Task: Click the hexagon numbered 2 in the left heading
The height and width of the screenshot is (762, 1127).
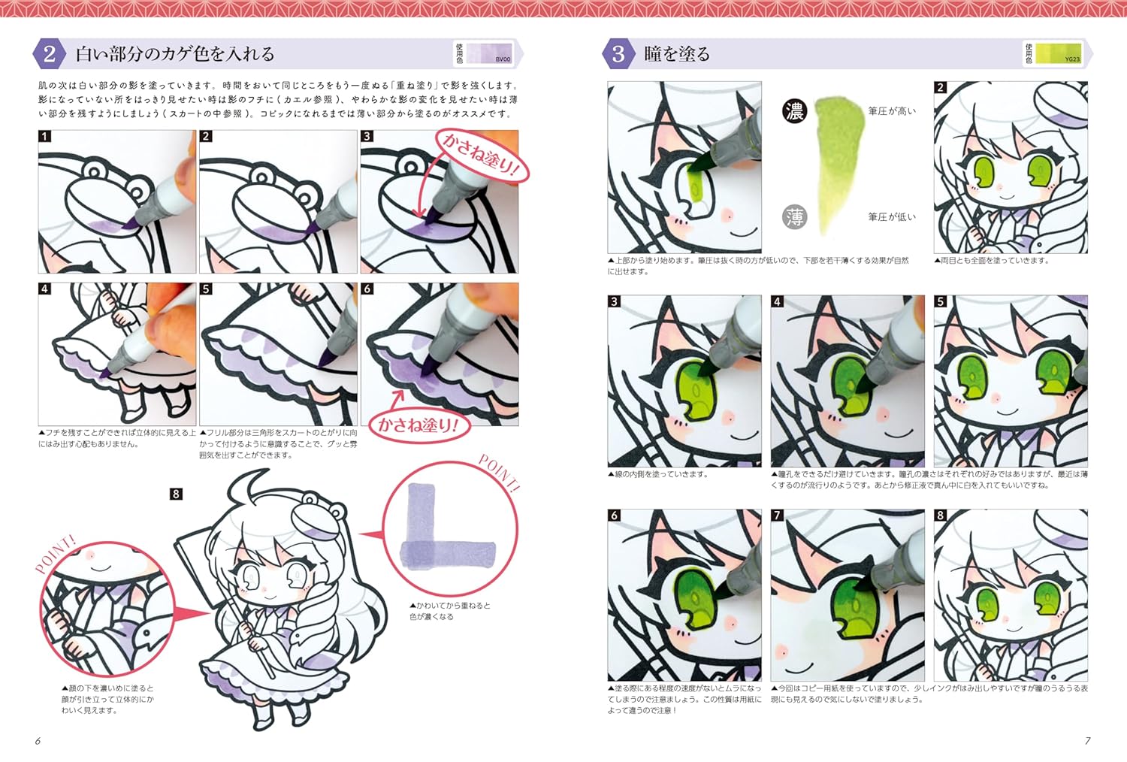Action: [49, 54]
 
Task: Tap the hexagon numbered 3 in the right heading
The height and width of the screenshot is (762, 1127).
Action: [618, 54]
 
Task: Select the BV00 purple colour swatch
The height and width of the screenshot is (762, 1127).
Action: [488, 53]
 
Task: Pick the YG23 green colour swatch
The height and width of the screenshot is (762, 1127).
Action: [1058, 53]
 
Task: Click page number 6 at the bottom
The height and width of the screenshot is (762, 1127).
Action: [38, 741]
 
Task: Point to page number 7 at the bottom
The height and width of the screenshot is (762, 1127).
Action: [1087, 741]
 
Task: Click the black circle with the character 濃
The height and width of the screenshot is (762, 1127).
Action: [794, 112]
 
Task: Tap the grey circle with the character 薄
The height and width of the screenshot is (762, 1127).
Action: [794, 217]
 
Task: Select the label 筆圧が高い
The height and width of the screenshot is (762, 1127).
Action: [892, 111]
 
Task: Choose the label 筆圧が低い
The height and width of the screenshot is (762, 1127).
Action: [892, 217]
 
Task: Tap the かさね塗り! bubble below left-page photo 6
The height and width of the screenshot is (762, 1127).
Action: [418, 425]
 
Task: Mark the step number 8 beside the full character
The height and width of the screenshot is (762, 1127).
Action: [176, 494]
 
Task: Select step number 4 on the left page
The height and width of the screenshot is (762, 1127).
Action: [45, 289]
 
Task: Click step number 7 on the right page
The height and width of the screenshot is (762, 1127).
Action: [778, 516]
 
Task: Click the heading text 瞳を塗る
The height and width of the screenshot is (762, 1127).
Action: [676, 54]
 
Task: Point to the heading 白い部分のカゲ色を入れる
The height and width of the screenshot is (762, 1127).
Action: [174, 54]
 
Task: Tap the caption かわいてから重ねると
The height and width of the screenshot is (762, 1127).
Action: [449, 606]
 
